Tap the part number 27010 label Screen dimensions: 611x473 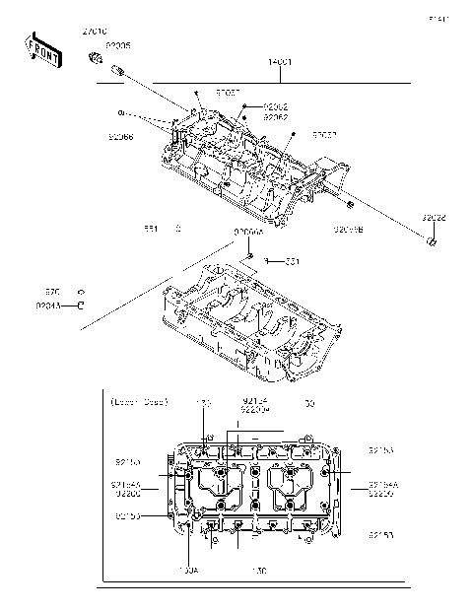(96, 33)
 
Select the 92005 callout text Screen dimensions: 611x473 (117, 45)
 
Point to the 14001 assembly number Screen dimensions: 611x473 (280, 62)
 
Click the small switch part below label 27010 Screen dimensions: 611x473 (96, 59)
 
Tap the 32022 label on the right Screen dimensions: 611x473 (434, 217)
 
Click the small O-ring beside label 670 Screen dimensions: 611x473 (82, 293)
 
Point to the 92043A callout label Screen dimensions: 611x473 (48, 305)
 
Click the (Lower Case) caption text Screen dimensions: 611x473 (139, 402)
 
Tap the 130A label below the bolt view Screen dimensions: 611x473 (188, 570)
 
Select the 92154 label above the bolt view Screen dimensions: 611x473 (255, 400)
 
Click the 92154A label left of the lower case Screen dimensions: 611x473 (127, 485)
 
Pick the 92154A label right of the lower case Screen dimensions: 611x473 (383, 485)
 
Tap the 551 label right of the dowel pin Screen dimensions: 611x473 (293, 261)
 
